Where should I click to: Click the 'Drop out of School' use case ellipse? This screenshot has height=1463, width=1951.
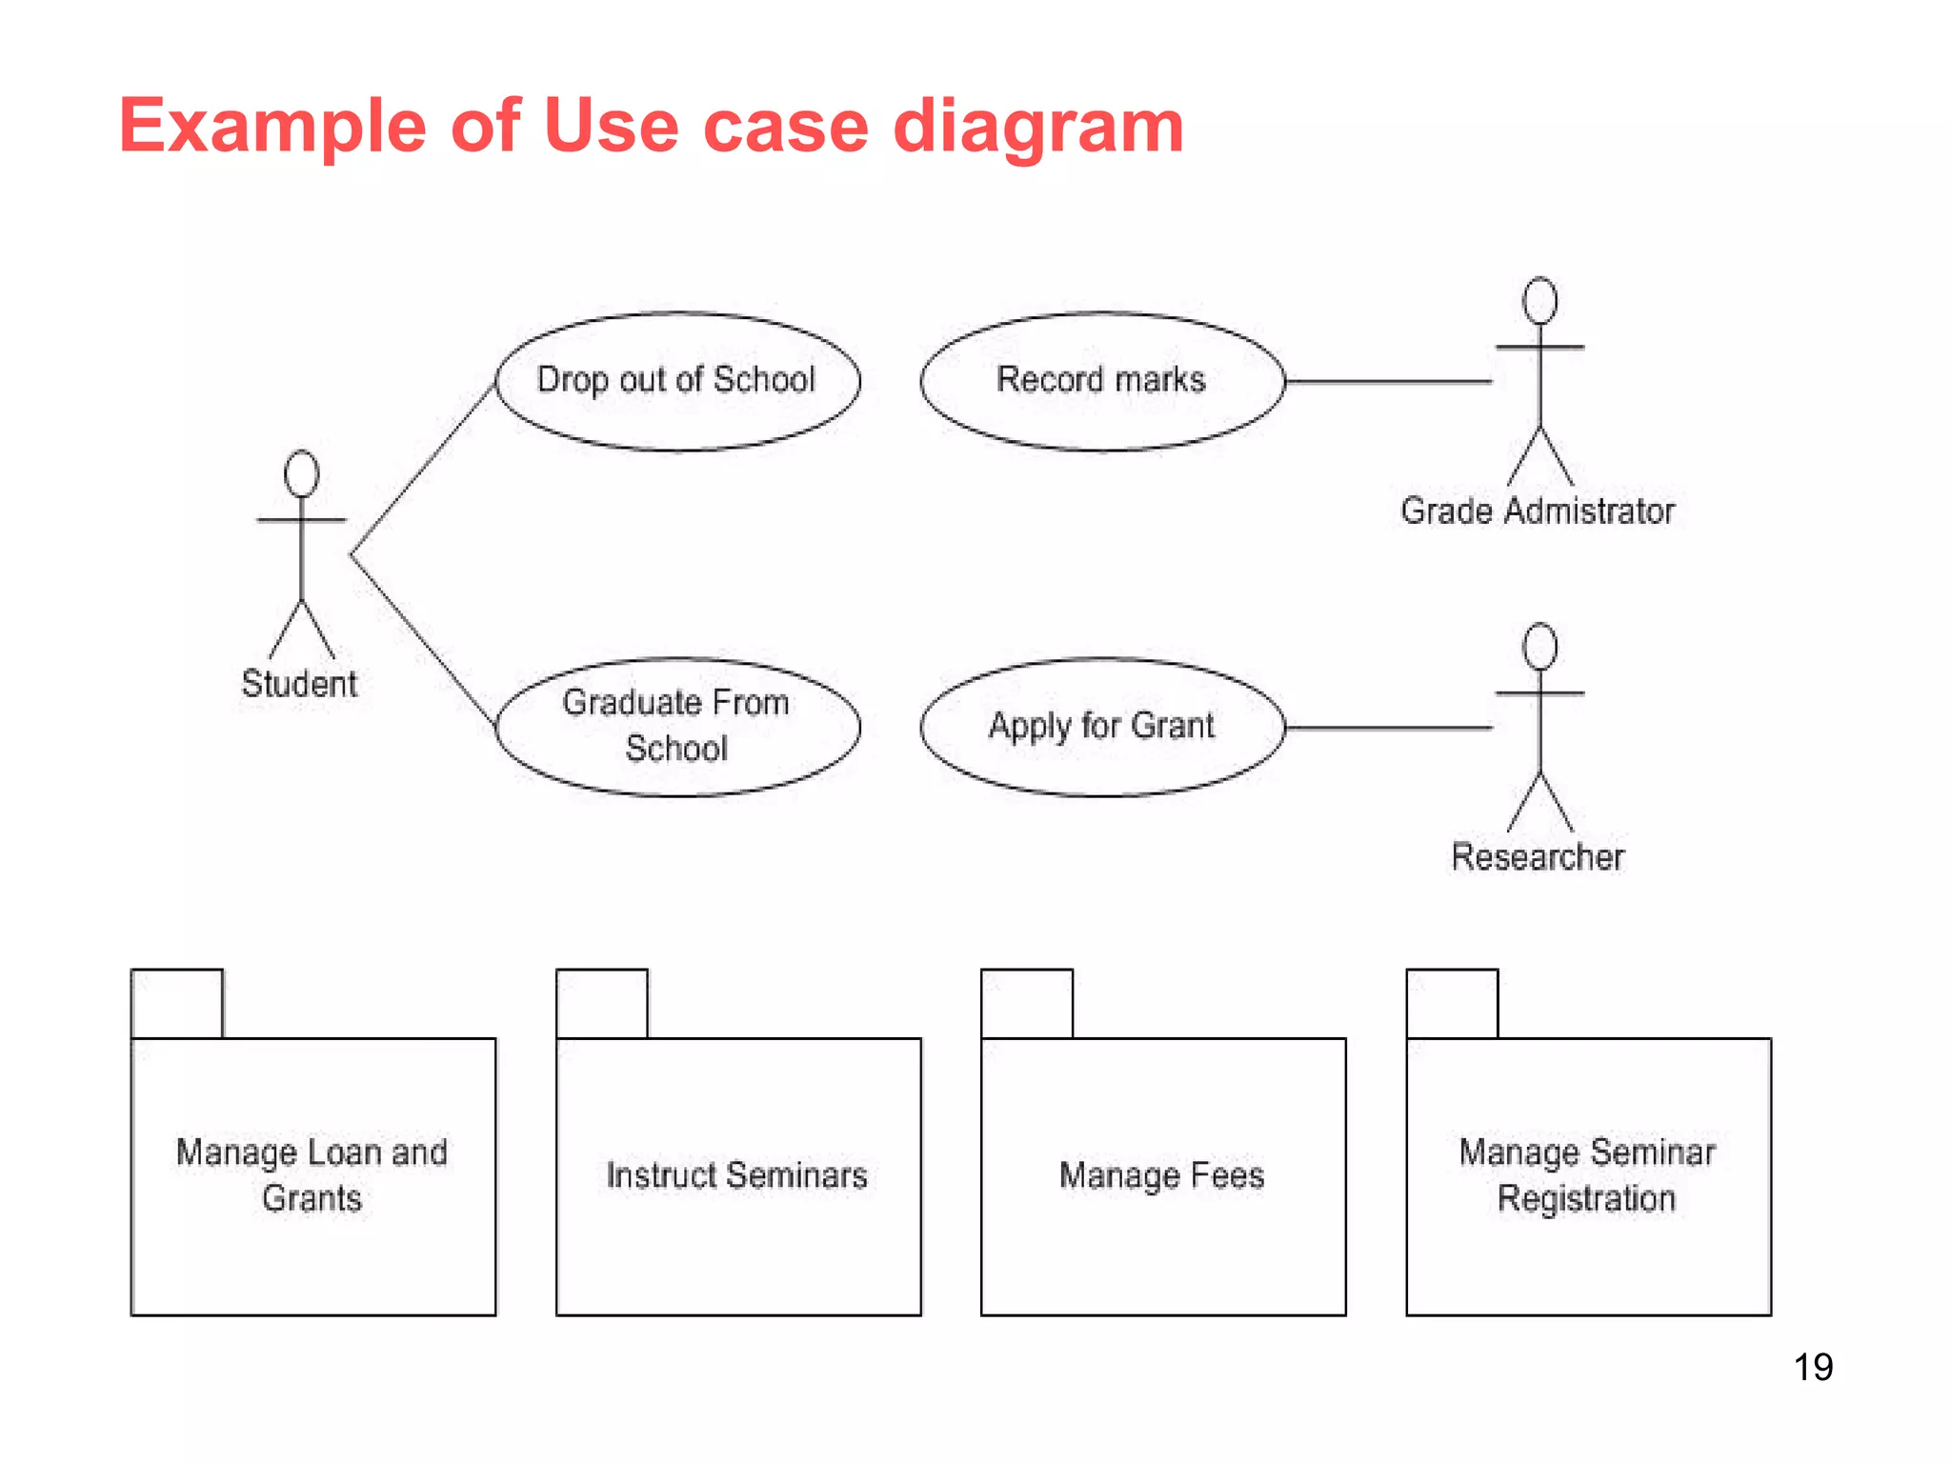coord(677,380)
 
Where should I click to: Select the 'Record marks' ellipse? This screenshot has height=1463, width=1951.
coord(1101,380)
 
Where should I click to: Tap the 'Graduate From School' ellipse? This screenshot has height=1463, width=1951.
coord(677,726)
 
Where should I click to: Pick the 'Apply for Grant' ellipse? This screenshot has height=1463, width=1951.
coord(1101,726)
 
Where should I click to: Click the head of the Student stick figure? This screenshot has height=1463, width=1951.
coord(301,473)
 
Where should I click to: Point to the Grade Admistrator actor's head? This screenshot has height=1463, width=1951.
coord(1539,301)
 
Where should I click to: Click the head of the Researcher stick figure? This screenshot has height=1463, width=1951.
coord(1539,647)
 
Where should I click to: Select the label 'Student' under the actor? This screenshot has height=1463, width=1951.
coord(299,684)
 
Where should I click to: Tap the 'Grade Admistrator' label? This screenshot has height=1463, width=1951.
coord(1537,511)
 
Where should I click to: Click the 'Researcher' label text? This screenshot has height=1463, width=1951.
coord(1537,857)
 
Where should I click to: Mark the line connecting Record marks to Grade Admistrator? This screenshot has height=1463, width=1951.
coord(1388,381)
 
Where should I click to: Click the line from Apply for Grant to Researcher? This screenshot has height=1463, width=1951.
coord(1388,727)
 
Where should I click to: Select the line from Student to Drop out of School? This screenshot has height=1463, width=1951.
coord(423,470)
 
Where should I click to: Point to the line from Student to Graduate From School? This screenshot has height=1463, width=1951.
coord(423,640)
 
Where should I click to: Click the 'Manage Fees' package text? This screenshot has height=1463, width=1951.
coord(1161,1175)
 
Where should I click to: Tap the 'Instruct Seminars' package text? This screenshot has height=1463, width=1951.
coord(736,1175)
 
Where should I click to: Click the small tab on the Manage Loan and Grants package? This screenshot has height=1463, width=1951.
coord(177,1004)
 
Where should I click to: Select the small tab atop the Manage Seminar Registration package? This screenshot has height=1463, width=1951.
coord(1452,1004)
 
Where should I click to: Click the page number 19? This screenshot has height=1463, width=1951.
coord(1813,1367)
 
